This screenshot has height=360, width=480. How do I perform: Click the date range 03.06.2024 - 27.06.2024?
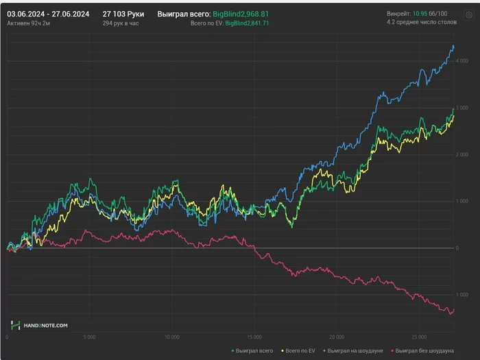click(49, 13)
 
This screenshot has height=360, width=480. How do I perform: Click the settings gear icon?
click(469, 14)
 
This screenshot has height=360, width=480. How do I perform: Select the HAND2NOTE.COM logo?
click(39, 325)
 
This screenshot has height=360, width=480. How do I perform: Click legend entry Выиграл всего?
click(252, 350)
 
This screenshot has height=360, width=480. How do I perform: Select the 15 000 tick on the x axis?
click(254, 337)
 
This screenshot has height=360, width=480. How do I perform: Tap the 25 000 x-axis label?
click(419, 337)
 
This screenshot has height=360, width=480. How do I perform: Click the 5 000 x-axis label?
click(90, 337)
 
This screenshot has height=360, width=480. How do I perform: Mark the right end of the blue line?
click(454, 46)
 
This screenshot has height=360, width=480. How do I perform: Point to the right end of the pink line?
click(454, 309)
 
